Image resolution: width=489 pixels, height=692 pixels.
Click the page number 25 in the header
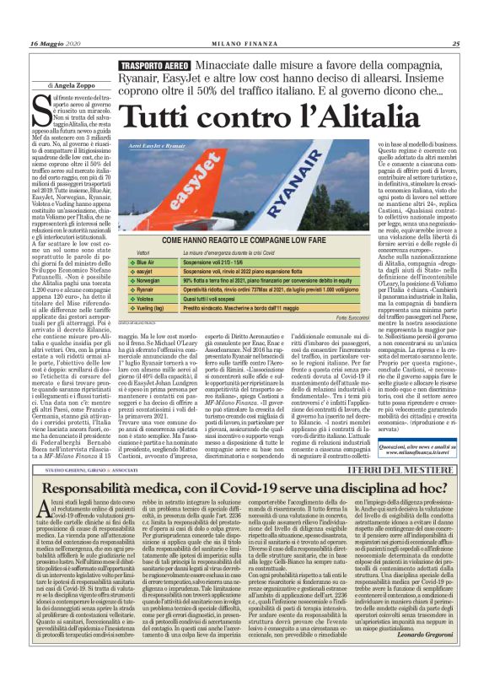coord(455,44)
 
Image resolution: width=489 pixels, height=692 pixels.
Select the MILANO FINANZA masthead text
coord(244,44)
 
